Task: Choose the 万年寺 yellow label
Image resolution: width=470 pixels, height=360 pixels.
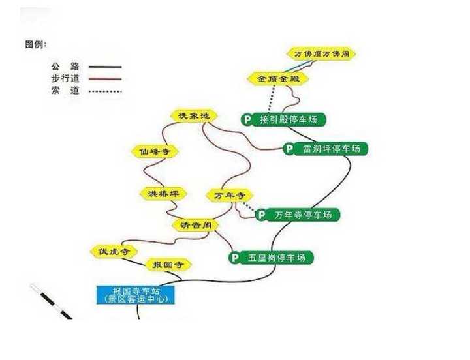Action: point(228,195)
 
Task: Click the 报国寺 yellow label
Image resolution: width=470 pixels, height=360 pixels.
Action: point(167,264)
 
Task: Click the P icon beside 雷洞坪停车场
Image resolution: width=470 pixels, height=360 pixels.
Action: point(289,149)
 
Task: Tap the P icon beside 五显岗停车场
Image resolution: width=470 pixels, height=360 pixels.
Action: point(234,258)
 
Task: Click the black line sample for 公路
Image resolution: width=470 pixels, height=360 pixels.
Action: point(105,67)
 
